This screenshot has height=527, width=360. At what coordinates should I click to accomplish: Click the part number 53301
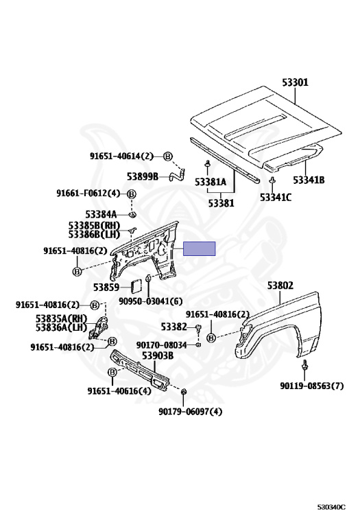(295, 82)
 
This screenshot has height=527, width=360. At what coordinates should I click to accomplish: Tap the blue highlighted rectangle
(199, 248)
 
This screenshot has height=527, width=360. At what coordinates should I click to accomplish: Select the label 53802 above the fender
(280, 285)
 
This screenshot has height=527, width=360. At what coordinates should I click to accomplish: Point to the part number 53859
(106, 288)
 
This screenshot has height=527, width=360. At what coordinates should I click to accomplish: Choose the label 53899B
(143, 176)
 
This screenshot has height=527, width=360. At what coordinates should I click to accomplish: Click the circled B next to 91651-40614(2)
(168, 156)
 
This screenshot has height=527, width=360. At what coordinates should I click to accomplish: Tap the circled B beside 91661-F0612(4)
(132, 194)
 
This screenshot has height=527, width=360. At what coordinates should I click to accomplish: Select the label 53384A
(101, 214)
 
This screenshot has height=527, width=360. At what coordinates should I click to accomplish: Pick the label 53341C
(276, 198)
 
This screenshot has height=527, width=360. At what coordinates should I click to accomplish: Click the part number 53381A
(211, 182)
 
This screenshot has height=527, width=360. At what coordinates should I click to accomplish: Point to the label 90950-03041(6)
(150, 301)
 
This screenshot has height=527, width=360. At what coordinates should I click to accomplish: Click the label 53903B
(158, 355)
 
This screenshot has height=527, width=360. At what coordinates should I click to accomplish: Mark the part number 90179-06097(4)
(191, 412)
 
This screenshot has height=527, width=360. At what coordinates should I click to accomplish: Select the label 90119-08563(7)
(312, 386)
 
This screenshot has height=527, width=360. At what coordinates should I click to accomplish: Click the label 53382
(173, 327)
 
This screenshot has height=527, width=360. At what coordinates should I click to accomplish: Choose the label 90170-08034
(162, 345)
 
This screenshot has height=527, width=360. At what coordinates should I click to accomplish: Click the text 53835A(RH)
(62, 318)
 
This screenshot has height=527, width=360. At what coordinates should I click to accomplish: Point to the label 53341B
(309, 180)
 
